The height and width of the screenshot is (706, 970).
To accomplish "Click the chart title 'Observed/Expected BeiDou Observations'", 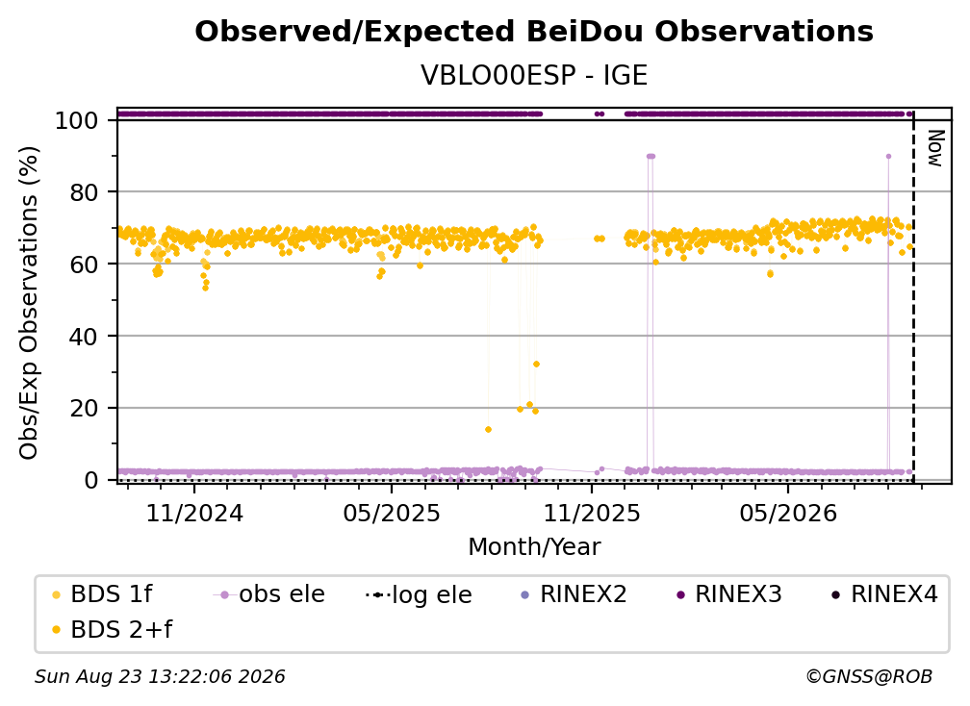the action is pyautogui.click(x=534, y=32).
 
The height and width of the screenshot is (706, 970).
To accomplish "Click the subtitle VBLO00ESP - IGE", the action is pyautogui.click(x=534, y=75).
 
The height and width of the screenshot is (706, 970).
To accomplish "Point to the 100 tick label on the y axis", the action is pyautogui.click(x=77, y=120).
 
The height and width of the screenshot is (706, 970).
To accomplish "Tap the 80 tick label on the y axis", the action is pyautogui.click(x=84, y=192).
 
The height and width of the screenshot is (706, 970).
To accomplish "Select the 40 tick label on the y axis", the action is pyautogui.click(x=84, y=337).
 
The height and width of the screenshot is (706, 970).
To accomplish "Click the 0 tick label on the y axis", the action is pyautogui.click(x=91, y=480).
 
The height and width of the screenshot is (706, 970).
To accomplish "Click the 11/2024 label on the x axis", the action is pyautogui.click(x=194, y=513).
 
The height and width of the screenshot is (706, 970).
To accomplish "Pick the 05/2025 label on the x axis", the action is pyautogui.click(x=392, y=513).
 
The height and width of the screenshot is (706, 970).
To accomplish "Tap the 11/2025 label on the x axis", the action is pyautogui.click(x=592, y=513).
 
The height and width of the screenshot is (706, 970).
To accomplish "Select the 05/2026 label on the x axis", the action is pyautogui.click(x=788, y=513).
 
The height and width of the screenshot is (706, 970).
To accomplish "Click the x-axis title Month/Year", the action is pyautogui.click(x=534, y=547).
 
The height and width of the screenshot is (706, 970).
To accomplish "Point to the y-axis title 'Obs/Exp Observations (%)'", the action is pyautogui.click(x=29, y=302).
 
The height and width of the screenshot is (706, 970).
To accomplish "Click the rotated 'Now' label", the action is pyautogui.click(x=936, y=148).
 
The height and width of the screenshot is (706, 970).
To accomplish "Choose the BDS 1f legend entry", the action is pyautogui.click(x=102, y=594).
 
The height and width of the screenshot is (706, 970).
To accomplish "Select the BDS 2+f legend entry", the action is pyautogui.click(x=112, y=630).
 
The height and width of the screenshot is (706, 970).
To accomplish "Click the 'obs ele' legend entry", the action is pyautogui.click(x=269, y=594).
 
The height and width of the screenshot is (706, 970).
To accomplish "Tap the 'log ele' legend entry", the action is pyautogui.click(x=419, y=595).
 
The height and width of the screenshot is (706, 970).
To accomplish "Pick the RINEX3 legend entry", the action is pyautogui.click(x=729, y=594).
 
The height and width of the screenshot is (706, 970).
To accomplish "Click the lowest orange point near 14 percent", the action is pyautogui.click(x=488, y=430).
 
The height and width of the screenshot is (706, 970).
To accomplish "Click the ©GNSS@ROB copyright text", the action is pyautogui.click(x=869, y=677).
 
